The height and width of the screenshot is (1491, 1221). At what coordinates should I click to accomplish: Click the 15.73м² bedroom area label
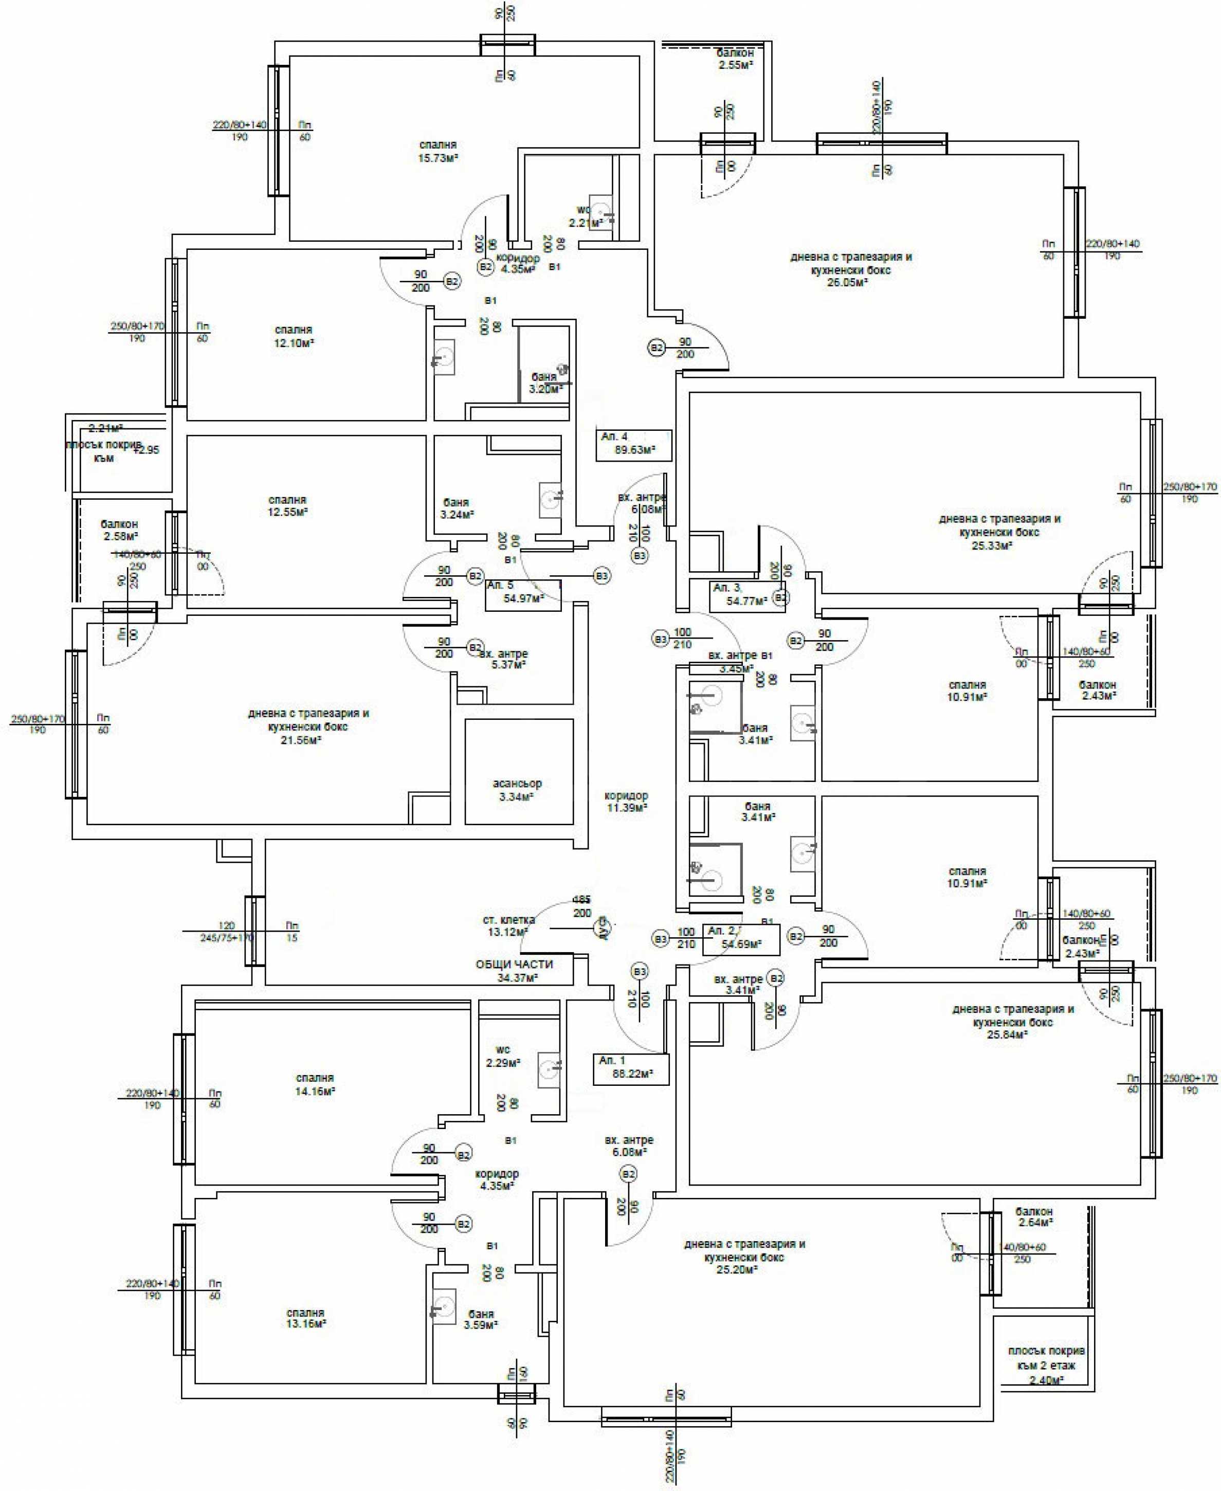pyautogui.click(x=438, y=152)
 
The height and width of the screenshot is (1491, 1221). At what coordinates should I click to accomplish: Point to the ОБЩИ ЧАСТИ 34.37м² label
pyautogui.click(x=514, y=971)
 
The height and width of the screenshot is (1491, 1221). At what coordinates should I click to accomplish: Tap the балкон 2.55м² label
pyautogui.click(x=735, y=59)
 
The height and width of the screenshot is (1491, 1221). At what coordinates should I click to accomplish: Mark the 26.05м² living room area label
pyautogui.click(x=850, y=269)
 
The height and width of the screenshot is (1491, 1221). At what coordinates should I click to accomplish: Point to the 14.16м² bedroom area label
pyautogui.click(x=315, y=1084)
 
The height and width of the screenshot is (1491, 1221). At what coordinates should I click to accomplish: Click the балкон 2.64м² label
pyautogui.click(x=1033, y=1217)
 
